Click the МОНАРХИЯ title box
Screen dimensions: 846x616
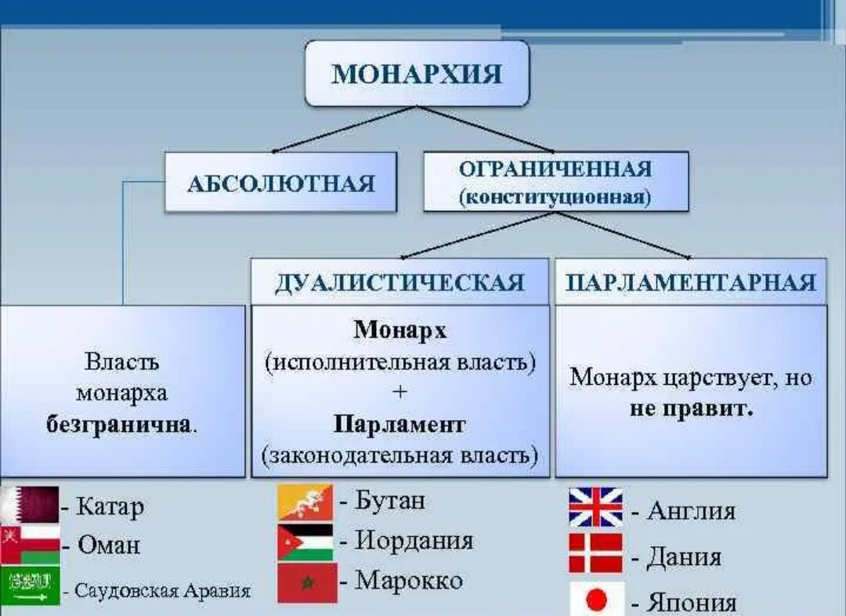(x=417, y=74)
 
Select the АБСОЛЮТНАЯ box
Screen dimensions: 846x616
(x=280, y=182)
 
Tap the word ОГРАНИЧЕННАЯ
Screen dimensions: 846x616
(x=555, y=169)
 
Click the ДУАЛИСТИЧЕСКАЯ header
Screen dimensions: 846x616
(x=399, y=282)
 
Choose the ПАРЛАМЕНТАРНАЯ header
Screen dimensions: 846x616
(x=691, y=282)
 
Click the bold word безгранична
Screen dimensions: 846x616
(x=119, y=424)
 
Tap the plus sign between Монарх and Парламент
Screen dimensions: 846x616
(x=399, y=392)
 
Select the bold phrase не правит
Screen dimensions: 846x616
(x=691, y=408)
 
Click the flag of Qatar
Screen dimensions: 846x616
(x=30, y=504)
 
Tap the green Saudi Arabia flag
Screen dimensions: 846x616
(x=30, y=585)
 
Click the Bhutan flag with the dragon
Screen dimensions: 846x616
(x=305, y=502)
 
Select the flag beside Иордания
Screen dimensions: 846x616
(x=305, y=542)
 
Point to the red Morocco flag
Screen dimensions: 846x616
(x=308, y=582)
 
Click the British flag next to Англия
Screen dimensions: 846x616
(x=595, y=507)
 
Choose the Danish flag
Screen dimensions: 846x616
(x=595, y=553)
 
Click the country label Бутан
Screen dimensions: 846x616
(x=389, y=501)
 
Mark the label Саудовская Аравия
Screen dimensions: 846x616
(x=162, y=590)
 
